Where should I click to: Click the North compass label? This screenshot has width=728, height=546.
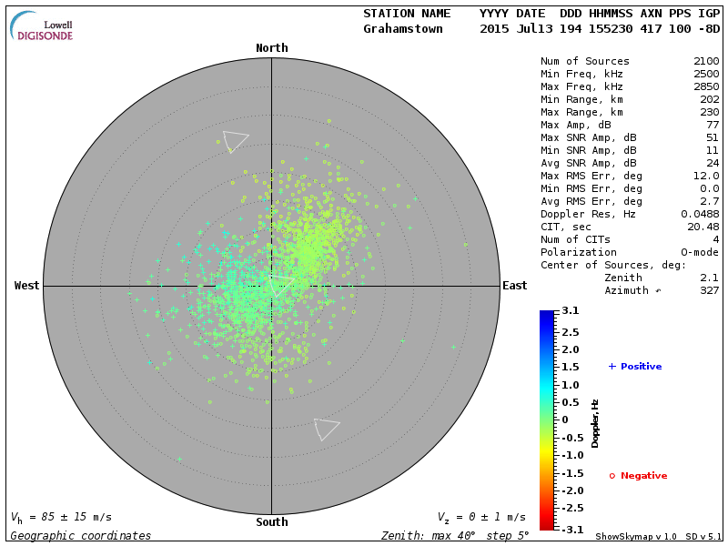tap(271, 48)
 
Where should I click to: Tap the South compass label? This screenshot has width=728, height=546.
tap(271, 522)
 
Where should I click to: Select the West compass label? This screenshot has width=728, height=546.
tap(27, 286)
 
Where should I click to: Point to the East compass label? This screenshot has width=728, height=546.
tap(514, 286)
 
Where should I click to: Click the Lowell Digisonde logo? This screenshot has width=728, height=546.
tap(43, 27)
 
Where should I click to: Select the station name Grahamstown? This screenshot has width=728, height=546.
tap(403, 29)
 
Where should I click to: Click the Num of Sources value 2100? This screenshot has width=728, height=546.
tap(706, 62)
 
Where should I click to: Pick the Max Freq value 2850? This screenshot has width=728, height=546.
tap(706, 87)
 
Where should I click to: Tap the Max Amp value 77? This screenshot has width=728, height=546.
tap(713, 126)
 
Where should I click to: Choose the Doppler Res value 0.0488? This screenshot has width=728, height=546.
tap(700, 215)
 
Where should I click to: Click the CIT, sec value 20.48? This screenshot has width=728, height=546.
tap(703, 227)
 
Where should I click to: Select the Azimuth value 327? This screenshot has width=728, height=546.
tap(709, 291)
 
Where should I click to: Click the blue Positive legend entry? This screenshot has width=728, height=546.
tap(635, 367)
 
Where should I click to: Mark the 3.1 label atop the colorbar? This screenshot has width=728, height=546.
tap(571, 311)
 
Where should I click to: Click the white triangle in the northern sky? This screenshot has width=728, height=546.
tap(235, 140)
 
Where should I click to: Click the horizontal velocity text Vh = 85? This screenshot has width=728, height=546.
tap(60, 518)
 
